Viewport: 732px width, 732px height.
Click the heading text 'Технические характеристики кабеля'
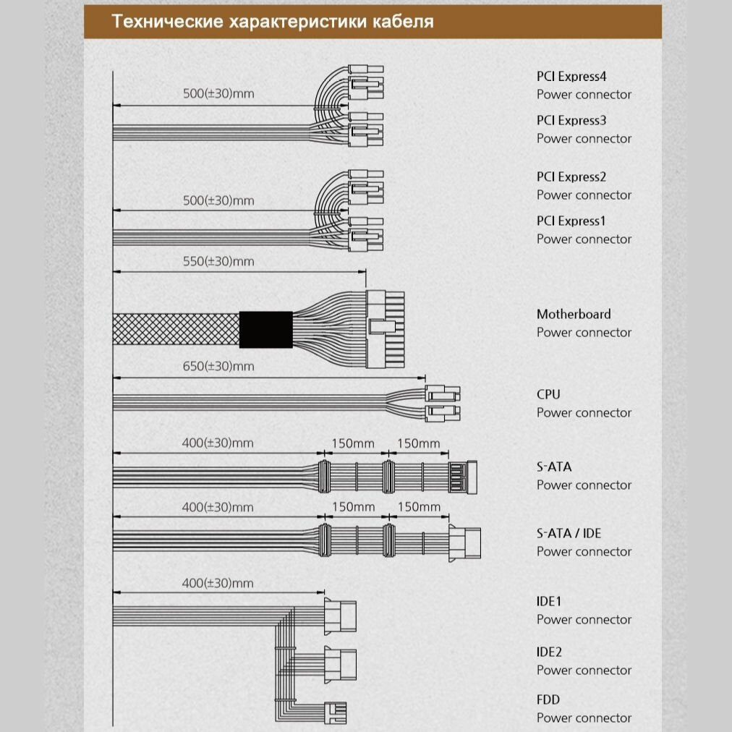[x=273, y=22]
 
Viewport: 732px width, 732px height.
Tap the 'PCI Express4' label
[x=571, y=76]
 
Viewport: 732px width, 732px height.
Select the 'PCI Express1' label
[x=571, y=221]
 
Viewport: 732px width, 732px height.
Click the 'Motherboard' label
[x=574, y=314]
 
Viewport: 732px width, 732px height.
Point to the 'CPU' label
[x=548, y=394]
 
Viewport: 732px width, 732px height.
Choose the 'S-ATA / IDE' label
[x=569, y=533]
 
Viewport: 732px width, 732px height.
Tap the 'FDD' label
[x=548, y=699]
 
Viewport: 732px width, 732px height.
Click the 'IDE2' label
[x=549, y=652]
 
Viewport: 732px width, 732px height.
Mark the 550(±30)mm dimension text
[x=218, y=261]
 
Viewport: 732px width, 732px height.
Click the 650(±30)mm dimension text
[x=218, y=366]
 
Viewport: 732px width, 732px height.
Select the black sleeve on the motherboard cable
[x=265, y=329]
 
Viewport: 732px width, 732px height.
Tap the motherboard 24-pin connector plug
[x=385, y=329]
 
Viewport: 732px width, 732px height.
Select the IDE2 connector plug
[x=340, y=663]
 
